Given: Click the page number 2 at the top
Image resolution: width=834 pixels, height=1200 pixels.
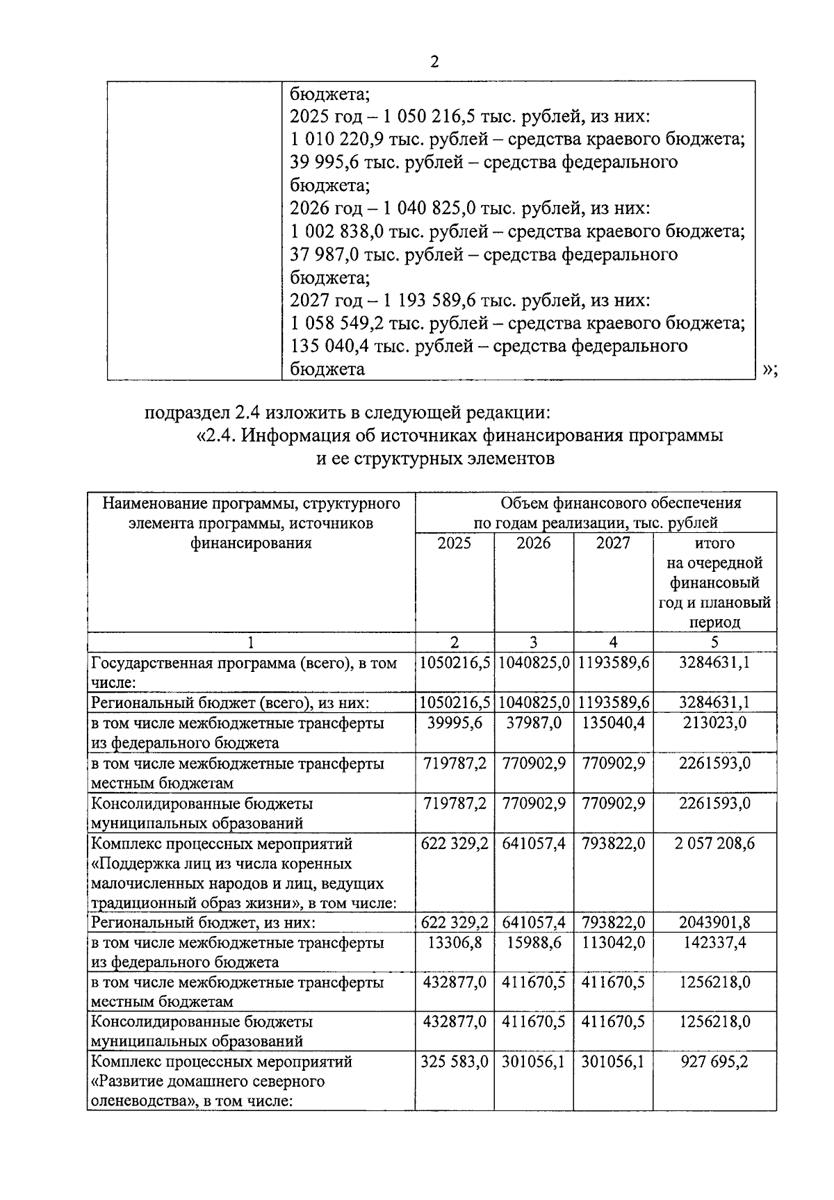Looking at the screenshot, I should [434, 63].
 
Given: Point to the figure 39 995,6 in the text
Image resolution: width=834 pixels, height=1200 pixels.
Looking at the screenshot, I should [322, 163].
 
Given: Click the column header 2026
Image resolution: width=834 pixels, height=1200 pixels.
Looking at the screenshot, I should [533, 543].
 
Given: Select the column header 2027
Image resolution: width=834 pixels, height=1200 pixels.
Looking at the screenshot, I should [613, 543].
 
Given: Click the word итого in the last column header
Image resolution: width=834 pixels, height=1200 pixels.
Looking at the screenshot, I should [714, 543].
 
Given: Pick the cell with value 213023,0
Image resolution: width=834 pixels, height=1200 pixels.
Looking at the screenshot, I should [714, 723].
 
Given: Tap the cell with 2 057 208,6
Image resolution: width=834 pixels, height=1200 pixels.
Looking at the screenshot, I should [714, 844].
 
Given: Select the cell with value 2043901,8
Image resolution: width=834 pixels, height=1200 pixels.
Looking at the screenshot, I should [714, 923].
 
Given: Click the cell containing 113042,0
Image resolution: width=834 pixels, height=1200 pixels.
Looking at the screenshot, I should [613, 943].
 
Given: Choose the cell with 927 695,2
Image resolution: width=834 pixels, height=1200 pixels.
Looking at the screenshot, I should [714, 1062].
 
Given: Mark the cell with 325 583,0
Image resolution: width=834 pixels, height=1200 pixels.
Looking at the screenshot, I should [454, 1062].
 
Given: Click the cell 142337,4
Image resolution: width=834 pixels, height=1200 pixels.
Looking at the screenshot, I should [714, 943].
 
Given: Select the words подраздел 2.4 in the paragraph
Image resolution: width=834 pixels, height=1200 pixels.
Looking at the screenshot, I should [202, 413].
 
